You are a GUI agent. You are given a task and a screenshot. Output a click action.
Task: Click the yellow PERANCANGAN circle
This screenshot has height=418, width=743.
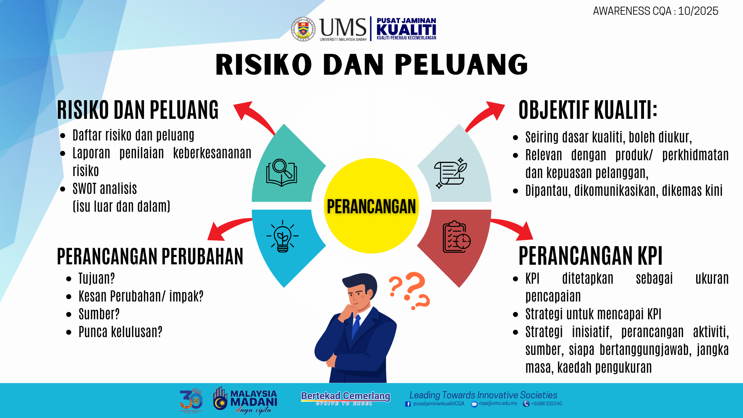[x=371, y=206]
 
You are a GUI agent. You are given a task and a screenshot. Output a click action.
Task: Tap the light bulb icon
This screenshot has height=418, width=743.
[x=282, y=236]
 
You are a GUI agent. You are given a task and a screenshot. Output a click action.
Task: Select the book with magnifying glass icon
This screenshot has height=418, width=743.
[x=282, y=173]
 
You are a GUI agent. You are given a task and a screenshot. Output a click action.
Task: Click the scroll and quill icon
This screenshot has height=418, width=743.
[x=451, y=173]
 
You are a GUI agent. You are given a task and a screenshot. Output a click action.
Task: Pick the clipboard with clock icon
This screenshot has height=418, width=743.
[x=457, y=237]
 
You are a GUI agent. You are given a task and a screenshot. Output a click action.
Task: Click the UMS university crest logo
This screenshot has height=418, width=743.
[x=303, y=29]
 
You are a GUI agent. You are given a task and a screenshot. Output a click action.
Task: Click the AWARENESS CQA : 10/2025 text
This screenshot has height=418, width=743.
[x=656, y=11]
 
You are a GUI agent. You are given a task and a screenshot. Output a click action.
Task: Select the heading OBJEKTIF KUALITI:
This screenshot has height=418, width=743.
[x=588, y=110]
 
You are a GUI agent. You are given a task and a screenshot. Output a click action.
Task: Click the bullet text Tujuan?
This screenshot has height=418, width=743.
[x=97, y=278]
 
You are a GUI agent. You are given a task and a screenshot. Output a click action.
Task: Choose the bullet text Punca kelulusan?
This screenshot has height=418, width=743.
[x=120, y=332]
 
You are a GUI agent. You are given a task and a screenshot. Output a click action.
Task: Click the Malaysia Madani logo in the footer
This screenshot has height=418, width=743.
[x=245, y=401]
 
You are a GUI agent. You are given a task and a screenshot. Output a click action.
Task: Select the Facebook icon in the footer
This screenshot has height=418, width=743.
[x=408, y=404]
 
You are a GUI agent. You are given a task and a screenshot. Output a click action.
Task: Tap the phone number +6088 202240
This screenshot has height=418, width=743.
[x=546, y=404]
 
